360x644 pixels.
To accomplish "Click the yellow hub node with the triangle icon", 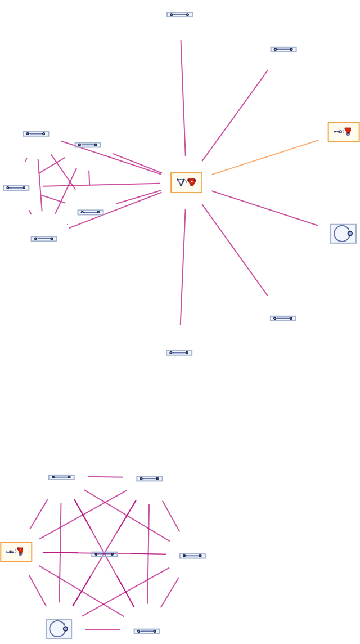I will [x=186, y=183].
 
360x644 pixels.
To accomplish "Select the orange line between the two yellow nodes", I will [x=265, y=158].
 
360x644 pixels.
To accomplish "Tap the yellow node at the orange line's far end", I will [x=343, y=132].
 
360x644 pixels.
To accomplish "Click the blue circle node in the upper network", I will [x=343, y=234].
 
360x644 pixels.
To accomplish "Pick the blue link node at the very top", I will [x=179, y=15].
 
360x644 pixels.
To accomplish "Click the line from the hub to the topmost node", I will [x=183, y=99].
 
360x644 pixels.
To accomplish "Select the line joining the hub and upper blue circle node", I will [x=264, y=208].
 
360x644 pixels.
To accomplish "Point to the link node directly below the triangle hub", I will [x=179, y=353].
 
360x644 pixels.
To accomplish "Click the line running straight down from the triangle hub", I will [x=183, y=267].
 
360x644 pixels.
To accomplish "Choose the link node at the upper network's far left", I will [x=16, y=188].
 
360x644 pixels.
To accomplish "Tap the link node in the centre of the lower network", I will [x=104, y=554].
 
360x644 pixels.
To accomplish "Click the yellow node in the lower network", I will [x=16, y=552].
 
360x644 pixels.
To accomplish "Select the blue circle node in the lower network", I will [x=58, y=629].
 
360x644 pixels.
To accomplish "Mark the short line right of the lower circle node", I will [x=102, y=629].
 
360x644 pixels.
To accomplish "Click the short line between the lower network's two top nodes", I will [x=105, y=477].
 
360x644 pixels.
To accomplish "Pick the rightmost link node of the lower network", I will [x=192, y=556].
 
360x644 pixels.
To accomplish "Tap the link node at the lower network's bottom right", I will [x=146, y=632].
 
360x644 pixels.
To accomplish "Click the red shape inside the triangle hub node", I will [x=192, y=182].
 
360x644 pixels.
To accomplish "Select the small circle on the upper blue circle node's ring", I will [x=350, y=234].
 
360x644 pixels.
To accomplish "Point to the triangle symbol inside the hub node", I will [x=181, y=182].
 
